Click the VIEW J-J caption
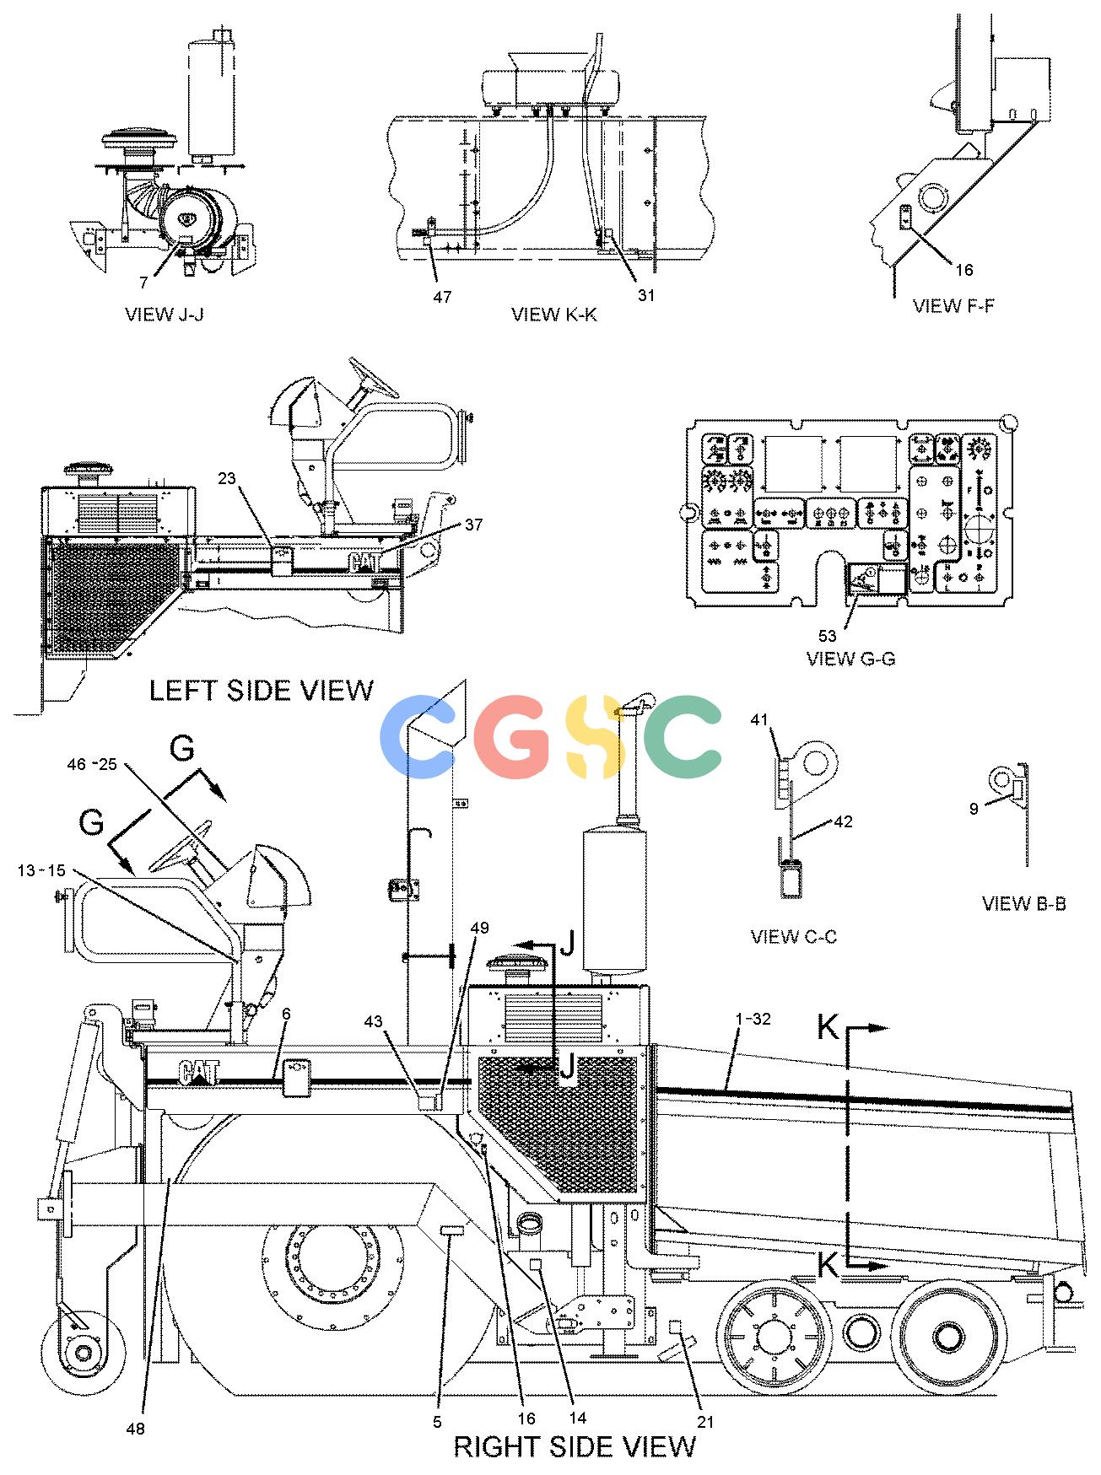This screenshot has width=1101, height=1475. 165,315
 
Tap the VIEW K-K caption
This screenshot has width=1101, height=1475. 554,315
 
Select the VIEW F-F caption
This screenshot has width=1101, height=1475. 953,305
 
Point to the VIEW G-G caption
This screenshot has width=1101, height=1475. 851,659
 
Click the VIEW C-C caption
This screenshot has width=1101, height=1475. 794,937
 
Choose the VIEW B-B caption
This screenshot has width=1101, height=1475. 1024,903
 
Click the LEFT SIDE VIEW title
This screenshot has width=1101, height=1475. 262,691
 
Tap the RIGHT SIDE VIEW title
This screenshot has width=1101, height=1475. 575,1446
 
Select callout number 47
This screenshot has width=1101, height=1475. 442,297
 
